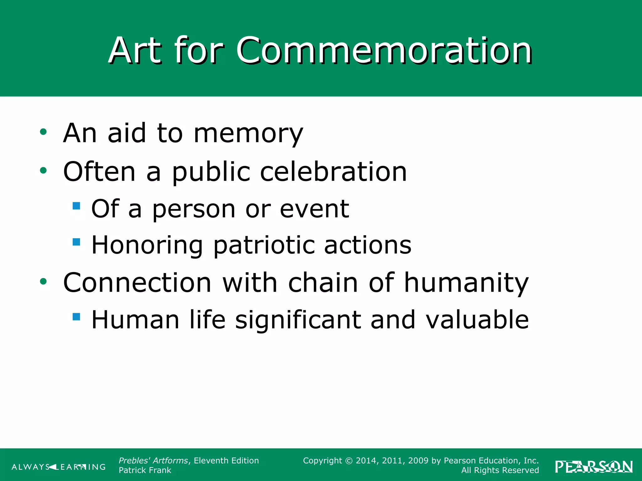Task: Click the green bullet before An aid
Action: [43, 132]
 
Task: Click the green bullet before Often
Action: [43, 171]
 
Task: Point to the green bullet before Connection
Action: [43, 282]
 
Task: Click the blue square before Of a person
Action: [76, 206]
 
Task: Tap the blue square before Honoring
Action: [76, 242]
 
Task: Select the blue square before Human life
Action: [76, 317]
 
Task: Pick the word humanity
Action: [466, 283]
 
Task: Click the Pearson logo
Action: [594, 467]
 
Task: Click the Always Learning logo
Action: [59, 467]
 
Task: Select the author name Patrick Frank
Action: [145, 470]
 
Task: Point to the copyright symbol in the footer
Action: [349, 461]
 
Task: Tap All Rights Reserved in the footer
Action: [500, 470]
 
